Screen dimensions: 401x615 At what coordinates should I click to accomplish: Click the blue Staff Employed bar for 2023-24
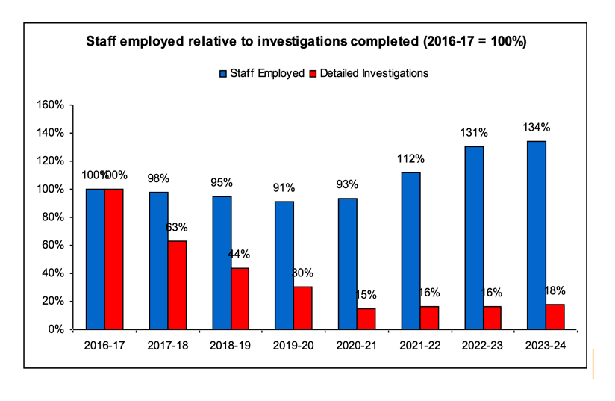pos(536,235)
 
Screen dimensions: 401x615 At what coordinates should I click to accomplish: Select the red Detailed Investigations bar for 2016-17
pos(113,259)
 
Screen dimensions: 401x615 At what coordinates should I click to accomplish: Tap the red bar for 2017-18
pos(177,285)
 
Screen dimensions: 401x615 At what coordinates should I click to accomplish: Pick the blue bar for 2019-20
pos(284,265)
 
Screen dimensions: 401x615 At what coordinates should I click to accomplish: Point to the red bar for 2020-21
pos(366,319)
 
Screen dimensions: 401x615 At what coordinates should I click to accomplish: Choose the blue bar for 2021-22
pos(410,251)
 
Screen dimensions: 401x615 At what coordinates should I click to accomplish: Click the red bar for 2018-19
pos(240,298)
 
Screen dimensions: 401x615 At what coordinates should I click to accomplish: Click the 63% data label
pos(176,228)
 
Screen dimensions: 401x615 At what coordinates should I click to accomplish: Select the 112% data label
pos(410,159)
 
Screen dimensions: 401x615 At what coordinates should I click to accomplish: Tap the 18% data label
pos(555,291)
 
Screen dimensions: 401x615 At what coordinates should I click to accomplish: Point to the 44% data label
pos(240,255)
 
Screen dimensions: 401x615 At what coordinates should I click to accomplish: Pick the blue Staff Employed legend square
pos(223,74)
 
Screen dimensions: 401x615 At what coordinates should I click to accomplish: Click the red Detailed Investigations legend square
pos(314,74)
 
